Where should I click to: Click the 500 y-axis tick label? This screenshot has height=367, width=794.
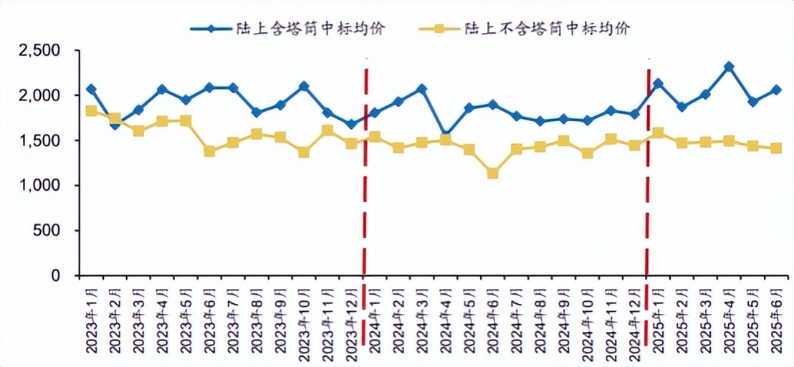[x=52, y=231]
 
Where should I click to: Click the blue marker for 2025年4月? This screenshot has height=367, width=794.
[x=728, y=67]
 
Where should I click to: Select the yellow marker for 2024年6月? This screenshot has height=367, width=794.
[x=492, y=173]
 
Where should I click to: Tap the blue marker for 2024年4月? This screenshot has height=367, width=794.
[x=445, y=135]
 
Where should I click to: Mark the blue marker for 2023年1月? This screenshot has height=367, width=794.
[x=91, y=89]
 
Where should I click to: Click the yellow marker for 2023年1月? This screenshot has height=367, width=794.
[x=91, y=111]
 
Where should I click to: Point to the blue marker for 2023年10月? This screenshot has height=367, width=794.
[x=303, y=86]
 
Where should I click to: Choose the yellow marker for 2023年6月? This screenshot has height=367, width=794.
[x=209, y=151]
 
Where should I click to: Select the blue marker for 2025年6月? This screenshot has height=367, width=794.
[x=775, y=90]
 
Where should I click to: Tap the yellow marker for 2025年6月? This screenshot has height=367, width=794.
[x=775, y=148]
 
